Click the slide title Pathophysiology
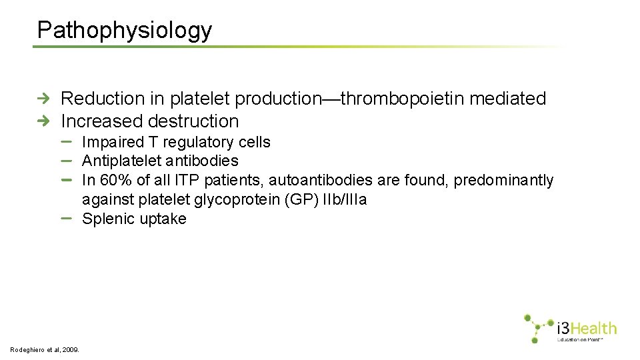pos(125,30)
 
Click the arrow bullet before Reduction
pos(43,99)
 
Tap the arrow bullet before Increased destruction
pos(43,121)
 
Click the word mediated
pos(508,99)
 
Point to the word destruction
pos(193,121)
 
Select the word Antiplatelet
pos(123,161)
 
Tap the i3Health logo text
pos(587,328)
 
